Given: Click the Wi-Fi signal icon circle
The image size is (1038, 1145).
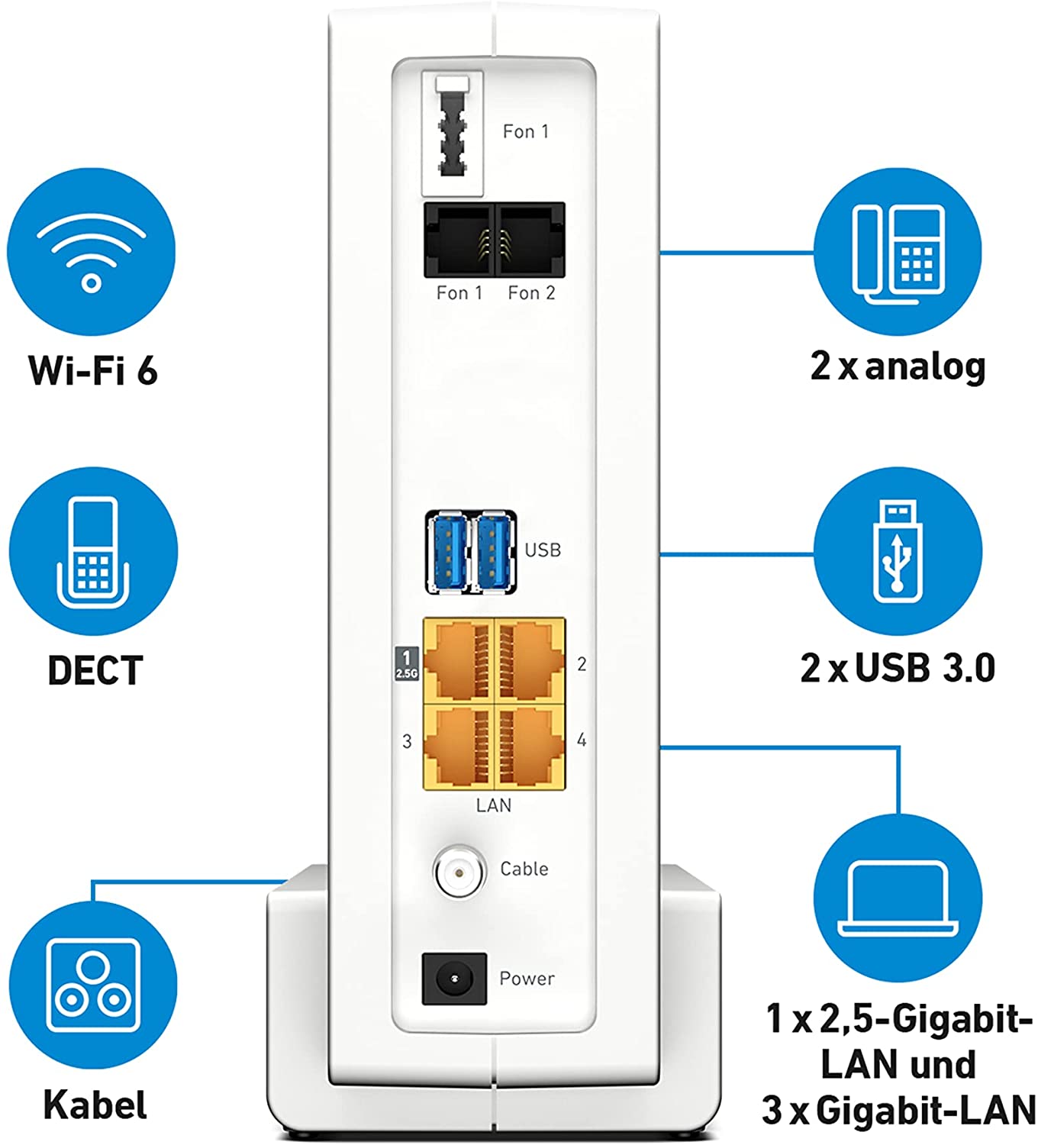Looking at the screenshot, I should (x=92, y=252).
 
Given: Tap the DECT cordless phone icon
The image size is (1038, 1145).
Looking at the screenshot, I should (x=93, y=552).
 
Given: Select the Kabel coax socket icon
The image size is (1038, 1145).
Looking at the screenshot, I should (x=93, y=985).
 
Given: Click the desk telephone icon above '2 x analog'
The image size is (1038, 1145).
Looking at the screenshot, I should (x=898, y=252).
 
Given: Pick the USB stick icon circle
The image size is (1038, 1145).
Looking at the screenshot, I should (x=898, y=552).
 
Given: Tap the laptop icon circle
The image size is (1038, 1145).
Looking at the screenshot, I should (x=898, y=898).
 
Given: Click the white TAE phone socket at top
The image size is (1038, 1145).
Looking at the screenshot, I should (x=453, y=133).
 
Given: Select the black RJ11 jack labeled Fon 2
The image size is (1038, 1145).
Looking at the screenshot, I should (x=530, y=240).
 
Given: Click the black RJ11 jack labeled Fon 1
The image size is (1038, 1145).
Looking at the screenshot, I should (x=459, y=240).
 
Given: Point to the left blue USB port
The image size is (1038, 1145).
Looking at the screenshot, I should (x=448, y=552).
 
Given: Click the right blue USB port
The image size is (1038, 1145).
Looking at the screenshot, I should (x=492, y=552).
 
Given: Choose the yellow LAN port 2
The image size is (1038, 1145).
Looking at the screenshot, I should (x=530, y=660).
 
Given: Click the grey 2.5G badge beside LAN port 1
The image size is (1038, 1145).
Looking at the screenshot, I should (x=406, y=663).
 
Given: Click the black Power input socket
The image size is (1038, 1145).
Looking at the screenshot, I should (x=454, y=979).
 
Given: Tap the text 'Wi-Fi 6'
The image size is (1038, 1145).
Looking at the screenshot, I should (x=93, y=370).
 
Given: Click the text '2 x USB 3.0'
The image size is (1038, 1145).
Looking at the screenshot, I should (x=898, y=668).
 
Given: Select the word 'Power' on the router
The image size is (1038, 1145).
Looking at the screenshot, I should (x=527, y=979).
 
